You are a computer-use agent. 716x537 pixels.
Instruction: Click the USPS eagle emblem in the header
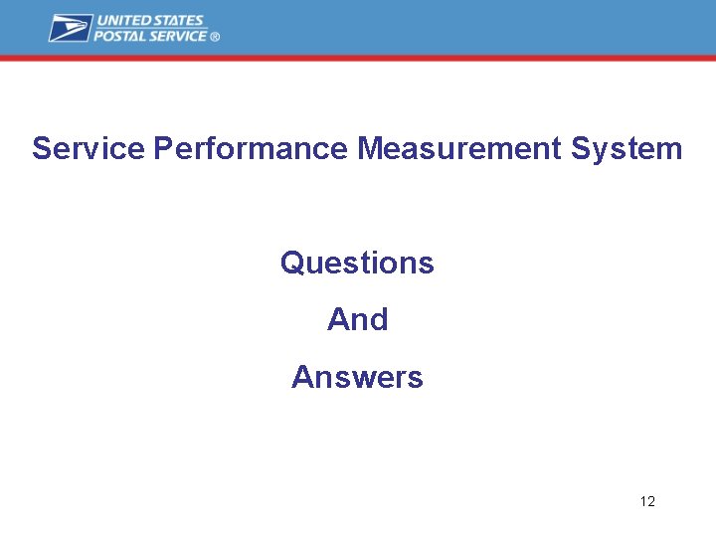tap(71, 28)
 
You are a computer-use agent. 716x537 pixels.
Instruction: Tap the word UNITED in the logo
tap(122, 21)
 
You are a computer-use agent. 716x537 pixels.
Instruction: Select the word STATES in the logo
tap(178, 21)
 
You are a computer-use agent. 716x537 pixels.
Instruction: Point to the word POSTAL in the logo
tap(120, 36)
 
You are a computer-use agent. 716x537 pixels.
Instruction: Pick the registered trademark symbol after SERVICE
tap(215, 37)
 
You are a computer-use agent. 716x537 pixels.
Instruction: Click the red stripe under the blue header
tap(358, 59)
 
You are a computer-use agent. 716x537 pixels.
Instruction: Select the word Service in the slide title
tap(89, 149)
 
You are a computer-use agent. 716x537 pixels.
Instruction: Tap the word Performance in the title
tap(251, 149)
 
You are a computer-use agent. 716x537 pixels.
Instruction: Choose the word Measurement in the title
tap(459, 149)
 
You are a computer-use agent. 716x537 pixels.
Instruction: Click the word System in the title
tap(626, 149)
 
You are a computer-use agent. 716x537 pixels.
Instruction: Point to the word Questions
tap(357, 264)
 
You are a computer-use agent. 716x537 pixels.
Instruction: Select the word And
tap(357, 320)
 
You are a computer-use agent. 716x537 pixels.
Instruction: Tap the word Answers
tap(357, 378)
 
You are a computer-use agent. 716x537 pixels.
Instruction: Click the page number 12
tap(647, 501)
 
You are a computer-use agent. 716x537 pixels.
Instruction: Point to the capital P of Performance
tap(163, 149)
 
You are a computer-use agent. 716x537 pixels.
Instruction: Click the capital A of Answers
tap(301, 378)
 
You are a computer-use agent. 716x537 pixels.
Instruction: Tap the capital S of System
tap(581, 149)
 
